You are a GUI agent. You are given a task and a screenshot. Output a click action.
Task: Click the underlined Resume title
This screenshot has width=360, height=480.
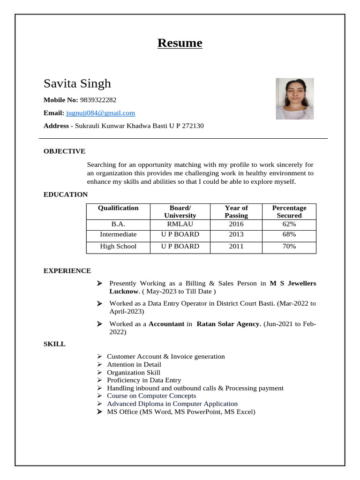(x=180, y=43)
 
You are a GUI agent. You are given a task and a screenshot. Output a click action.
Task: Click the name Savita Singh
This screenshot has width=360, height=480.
(x=77, y=83)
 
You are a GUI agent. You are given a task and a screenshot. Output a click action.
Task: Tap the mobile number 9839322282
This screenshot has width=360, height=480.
(x=98, y=100)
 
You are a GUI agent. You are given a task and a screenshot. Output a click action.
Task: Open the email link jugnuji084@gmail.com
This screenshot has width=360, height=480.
(x=100, y=113)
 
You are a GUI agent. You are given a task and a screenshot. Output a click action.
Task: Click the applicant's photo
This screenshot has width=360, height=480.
(x=294, y=98)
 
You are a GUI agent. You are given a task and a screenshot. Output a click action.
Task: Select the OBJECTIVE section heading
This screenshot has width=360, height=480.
(x=64, y=151)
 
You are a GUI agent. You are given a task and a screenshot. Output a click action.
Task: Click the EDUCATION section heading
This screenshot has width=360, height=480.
(x=66, y=195)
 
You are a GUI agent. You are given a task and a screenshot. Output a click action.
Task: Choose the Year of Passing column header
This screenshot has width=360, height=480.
(x=236, y=211)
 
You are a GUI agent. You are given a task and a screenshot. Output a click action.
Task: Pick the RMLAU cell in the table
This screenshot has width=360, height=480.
(x=180, y=224)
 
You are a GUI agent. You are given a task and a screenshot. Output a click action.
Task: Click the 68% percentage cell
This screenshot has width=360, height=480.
(x=289, y=234)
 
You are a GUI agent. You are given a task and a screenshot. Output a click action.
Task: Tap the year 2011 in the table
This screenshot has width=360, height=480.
(x=236, y=247)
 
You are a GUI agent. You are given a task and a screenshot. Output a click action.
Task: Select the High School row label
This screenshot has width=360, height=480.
(x=118, y=247)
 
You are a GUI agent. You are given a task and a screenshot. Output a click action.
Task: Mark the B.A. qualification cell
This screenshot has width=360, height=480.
(x=118, y=224)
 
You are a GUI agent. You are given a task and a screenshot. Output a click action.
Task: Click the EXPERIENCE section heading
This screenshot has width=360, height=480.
(x=67, y=271)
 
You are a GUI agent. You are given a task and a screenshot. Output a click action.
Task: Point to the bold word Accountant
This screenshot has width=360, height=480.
(x=166, y=324)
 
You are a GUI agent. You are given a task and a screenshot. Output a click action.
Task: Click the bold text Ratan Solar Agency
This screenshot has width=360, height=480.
(x=229, y=324)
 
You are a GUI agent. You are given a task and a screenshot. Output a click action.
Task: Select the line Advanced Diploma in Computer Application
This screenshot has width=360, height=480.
(x=172, y=404)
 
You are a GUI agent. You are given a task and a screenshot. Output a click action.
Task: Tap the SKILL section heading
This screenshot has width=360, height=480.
(x=54, y=344)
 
